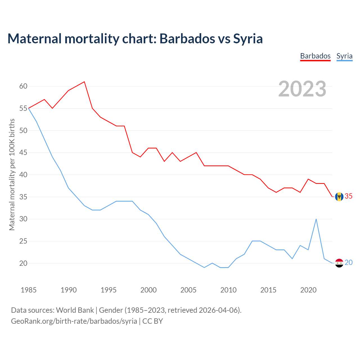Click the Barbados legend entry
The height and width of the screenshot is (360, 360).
pyautogui.click(x=315, y=56)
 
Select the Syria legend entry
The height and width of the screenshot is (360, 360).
pyautogui.click(x=344, y=56)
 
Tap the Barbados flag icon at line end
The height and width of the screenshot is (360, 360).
pyautogui.click(x=339, y=197)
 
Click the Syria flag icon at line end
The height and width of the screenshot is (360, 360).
pyautogui.click(x=339, y=263)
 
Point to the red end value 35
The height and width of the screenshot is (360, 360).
pyautogui.click(x=348, y=196)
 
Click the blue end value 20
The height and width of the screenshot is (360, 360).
pyautogui.click(x=348, y=263)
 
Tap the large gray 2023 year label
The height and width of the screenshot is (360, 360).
pyautogui.click(x=302, y=89)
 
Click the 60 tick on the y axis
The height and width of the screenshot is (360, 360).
pyautogui.click(x=23, y=86)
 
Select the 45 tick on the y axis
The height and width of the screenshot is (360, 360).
pyautogui.click(x=23, y=153)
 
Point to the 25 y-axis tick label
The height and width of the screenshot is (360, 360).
pyautogui.click(x=23, y=241)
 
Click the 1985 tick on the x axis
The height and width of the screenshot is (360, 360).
pyautogui.click(x=29, y=290)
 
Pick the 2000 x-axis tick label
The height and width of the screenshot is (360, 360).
pyautogui.click(x=148, y=290)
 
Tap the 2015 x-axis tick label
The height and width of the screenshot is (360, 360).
pyautogui.click(x=268, y=290)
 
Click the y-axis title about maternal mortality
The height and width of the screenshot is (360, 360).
pyautogui.click(x=12, y=175)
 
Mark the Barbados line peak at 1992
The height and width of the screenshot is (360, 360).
pyautogui.click(x=84, y=82)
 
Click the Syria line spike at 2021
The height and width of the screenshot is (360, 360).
pyautogui.click(x=316, y=219)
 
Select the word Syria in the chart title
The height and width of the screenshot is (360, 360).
pyautogui.click(x=248, y=39)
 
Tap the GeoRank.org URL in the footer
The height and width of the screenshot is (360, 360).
pyautogui.click(x=74, y=321)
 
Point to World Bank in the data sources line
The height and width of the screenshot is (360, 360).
pyautogui.click(x=75, y=310)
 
